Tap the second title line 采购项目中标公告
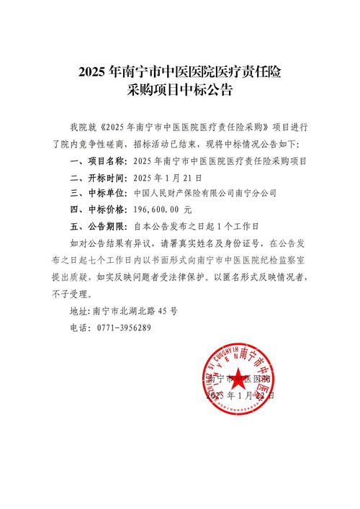pyautogui.click(x=180, y=92)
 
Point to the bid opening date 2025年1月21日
pyautogui.click(x=168, y=177)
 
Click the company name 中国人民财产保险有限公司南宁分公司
pyautogui.click(x=205, y=194)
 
